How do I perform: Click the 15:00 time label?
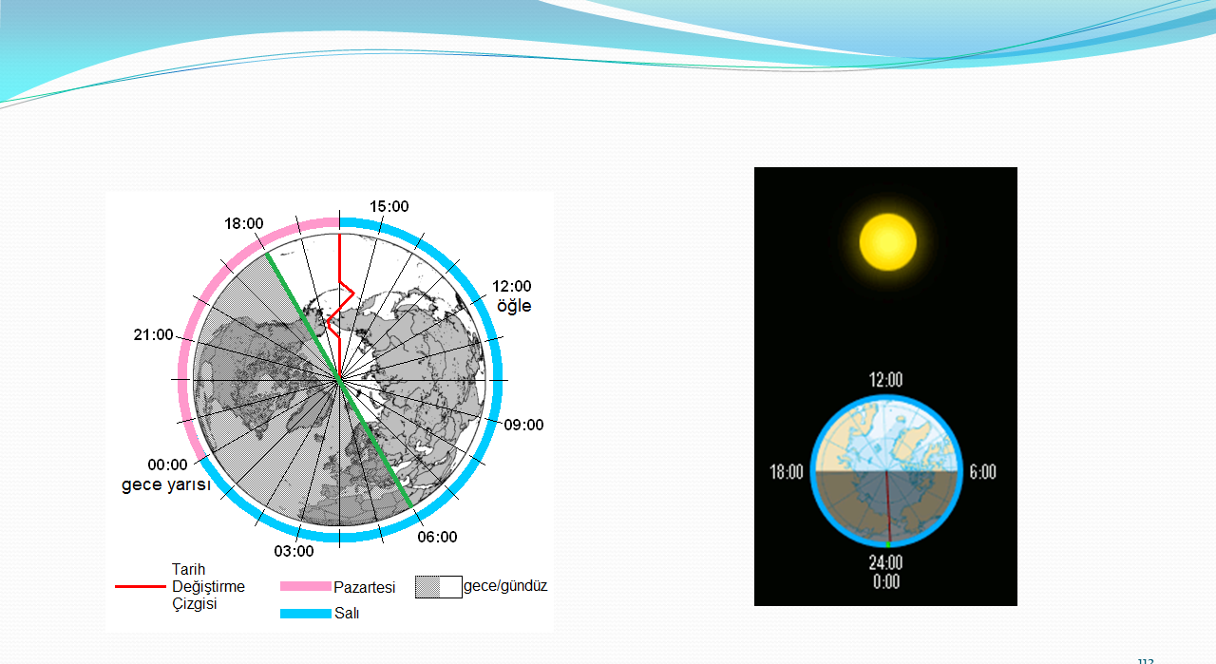coord(389,206)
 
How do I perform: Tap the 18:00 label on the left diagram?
coord(244,223)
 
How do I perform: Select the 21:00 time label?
coord(154,334)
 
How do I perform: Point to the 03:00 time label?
coord(294,551)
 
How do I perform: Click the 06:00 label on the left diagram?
coord(437,537)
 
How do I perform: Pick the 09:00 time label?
coord(523,425)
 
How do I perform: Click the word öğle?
coord(514,306)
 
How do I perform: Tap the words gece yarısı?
coord(165,484)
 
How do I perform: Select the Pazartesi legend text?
coord(364,587)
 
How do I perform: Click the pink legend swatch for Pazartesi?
coord(306,586)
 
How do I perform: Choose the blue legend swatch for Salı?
coord(306,614)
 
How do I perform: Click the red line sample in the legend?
coord(140,586)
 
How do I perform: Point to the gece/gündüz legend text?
coord(505,586)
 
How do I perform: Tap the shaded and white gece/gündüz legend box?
coord(439,587)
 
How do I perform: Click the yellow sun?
coord(888,242)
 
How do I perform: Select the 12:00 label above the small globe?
coord(886,380)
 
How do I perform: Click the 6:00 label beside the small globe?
coord(983,472)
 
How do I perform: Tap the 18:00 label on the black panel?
coord(787,472)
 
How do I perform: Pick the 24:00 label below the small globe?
coord(886,562)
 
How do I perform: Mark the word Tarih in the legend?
coord(188,569)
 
